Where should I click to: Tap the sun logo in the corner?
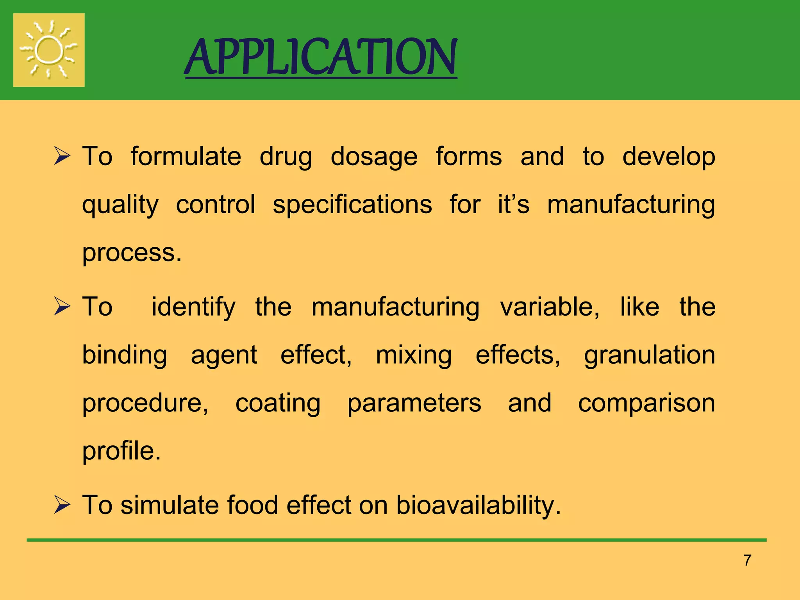pos(49,50)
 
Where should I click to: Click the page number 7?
pos(747,560)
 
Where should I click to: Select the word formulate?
pos(186,157)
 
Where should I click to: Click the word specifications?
pos(352,205)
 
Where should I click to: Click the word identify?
pos(193,307)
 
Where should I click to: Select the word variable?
pos(549,307)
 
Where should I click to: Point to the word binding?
pos(125,355)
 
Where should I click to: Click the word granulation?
pos(650,355)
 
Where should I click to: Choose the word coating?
pos(278,403)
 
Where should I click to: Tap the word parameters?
pos(414,403)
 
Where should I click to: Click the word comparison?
pos(646,403)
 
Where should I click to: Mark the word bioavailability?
pos(478,505)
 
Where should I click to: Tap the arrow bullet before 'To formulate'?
pos(62,156)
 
